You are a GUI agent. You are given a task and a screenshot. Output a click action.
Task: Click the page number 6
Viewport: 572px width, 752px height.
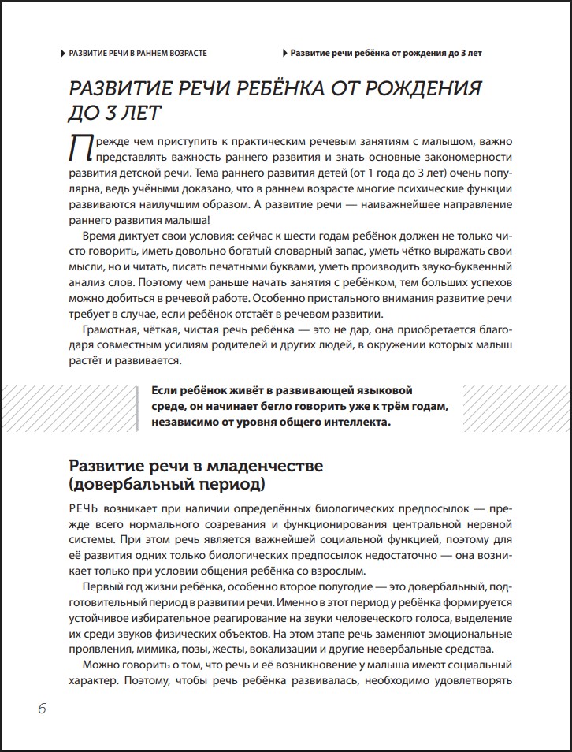pos(42,708)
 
